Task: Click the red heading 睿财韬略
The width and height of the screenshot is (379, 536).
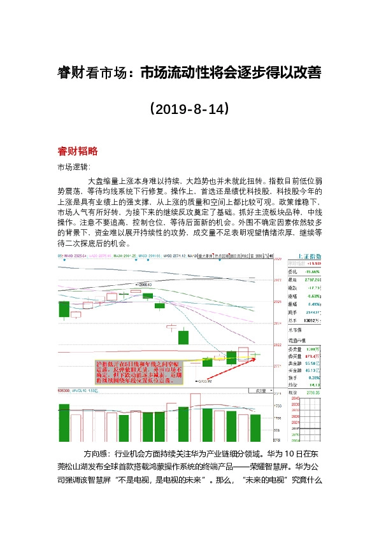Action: pos(77,152)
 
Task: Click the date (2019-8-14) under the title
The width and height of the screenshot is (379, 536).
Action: pos(189,109)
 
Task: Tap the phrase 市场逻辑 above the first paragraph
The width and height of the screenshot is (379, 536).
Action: pos(74,167)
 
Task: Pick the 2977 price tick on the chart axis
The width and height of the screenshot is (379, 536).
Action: pos(277,280)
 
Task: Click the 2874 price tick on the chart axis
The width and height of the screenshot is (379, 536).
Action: pos(277,323)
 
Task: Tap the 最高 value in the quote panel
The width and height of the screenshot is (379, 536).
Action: pos(310,279)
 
